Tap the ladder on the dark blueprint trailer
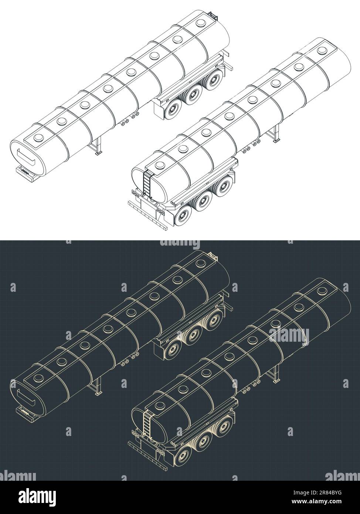147,425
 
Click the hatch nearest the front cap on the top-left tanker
38,138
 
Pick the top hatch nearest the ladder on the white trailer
159,165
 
